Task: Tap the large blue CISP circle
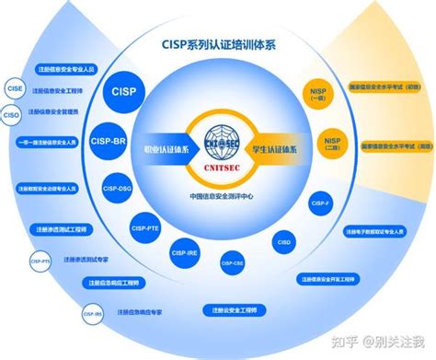point(122,92)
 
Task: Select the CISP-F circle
point(320,203)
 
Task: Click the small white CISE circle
point(13,90)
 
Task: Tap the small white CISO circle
point(12,116)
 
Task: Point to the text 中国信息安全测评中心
point(218,195)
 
